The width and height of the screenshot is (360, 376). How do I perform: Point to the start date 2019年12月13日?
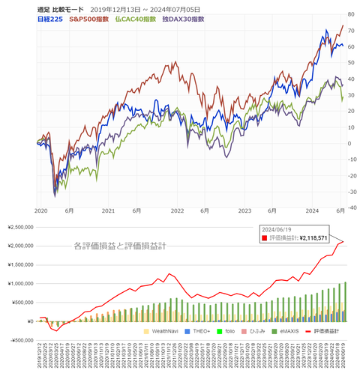tap(129, 8)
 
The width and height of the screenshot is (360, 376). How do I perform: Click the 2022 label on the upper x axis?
tap(178, 211)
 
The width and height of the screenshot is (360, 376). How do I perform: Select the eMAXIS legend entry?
tap(291, 330)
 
